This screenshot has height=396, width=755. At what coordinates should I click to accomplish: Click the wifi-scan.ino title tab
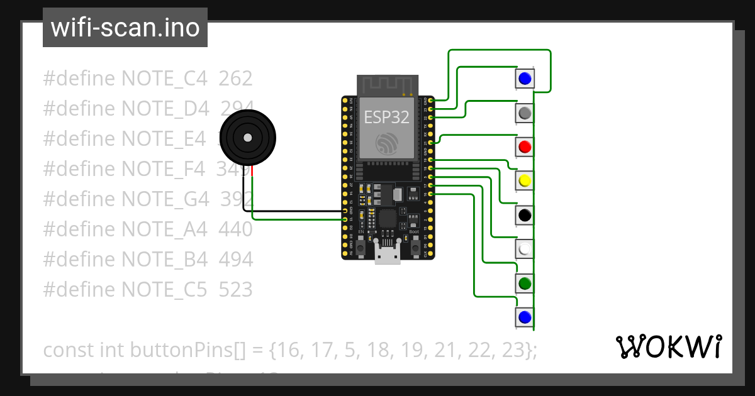tap(125, 28)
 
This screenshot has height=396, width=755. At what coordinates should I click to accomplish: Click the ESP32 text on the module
tap(387, 116)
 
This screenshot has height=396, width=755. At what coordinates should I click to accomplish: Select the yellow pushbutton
tap(525, 181)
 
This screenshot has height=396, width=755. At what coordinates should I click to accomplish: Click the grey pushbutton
tap(525, 113)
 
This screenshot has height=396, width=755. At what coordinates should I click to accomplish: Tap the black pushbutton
tap(525, 216)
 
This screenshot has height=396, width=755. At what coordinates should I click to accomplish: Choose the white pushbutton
tap(525, 250)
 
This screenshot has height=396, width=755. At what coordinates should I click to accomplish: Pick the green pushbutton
tap(525, 283)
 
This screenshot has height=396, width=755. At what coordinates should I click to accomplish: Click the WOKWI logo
tap(668, 346)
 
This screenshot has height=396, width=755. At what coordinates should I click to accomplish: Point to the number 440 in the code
tap(235, 229)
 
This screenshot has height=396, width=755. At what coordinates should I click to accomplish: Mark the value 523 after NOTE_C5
tap(235, 290)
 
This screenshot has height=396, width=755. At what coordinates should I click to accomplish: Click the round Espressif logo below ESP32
tap(387, 144)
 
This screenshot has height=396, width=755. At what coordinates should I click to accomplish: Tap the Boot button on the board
tap(415, 248)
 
